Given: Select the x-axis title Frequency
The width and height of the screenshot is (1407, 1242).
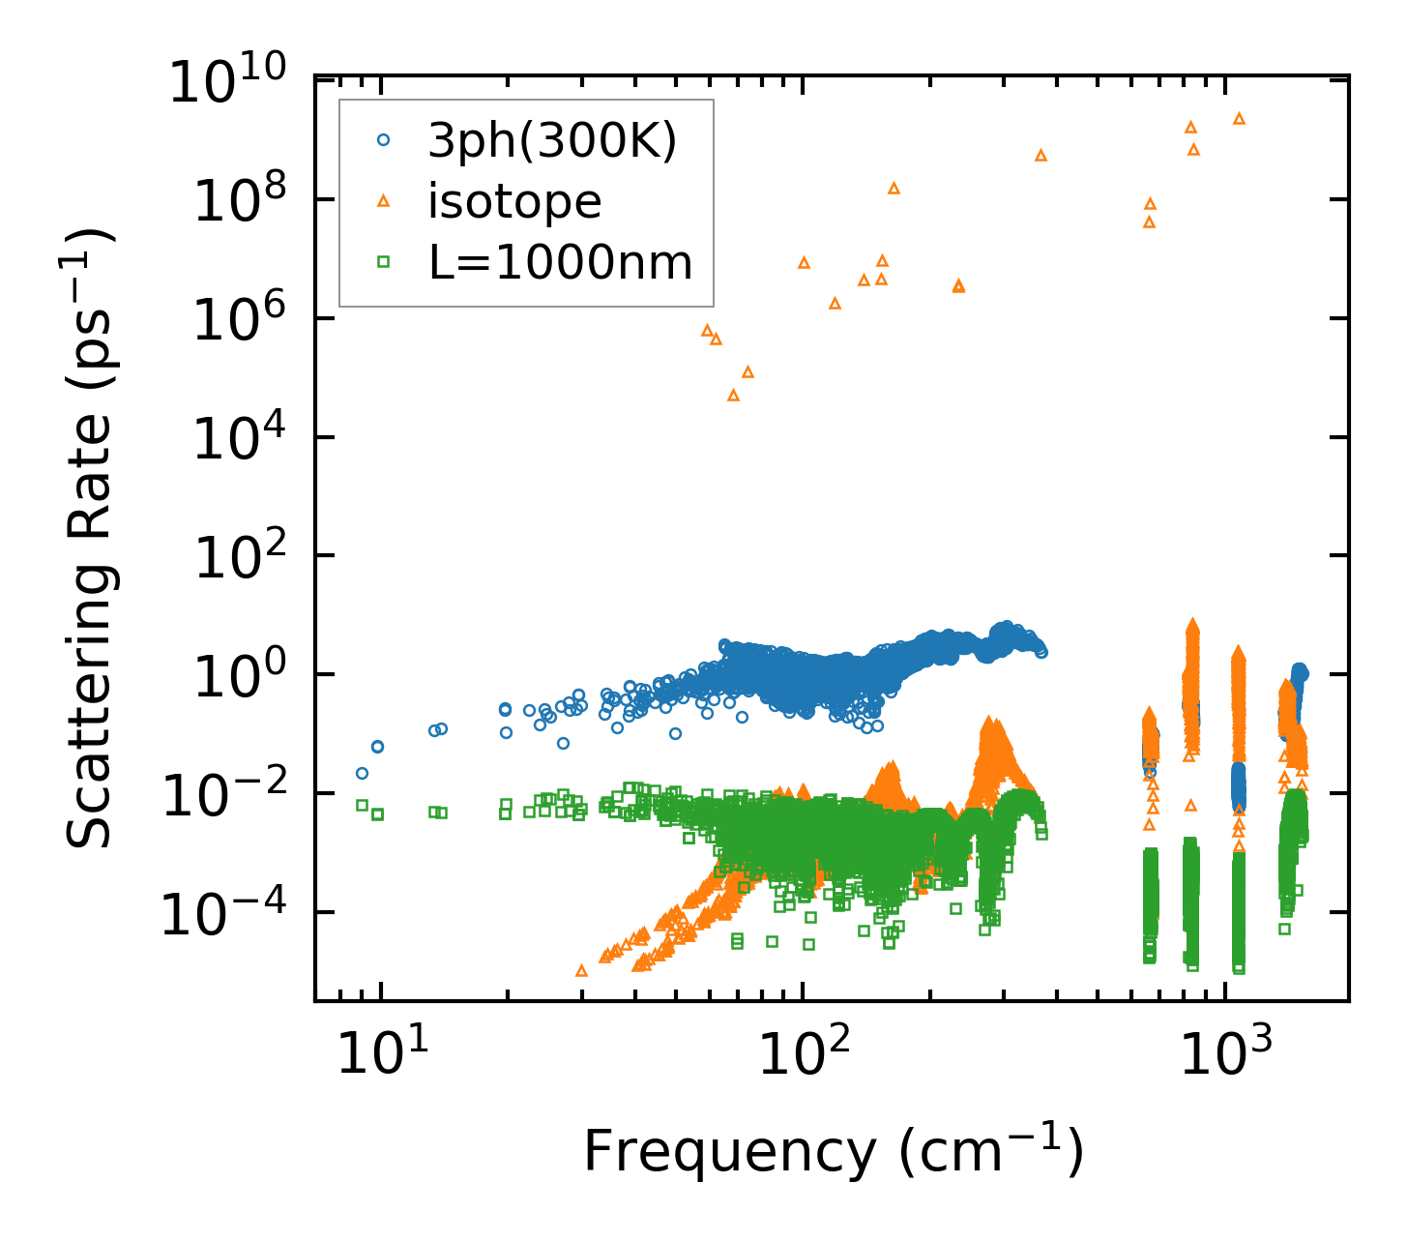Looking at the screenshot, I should click(x=832, y=1151).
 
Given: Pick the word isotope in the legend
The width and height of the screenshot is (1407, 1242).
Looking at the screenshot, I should click(x=515, y=202).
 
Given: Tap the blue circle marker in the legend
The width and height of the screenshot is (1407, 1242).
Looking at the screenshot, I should click(x=383, y=140).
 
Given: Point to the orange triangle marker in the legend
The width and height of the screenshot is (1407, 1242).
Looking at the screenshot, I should click(x=383, y=200).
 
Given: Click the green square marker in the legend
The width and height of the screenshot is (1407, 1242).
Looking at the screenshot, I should click(x=383, y=261).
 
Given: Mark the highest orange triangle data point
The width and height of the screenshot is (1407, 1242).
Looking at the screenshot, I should click(x=1239, y=118).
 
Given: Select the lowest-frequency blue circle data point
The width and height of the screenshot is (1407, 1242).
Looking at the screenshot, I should click(x=362, y=773).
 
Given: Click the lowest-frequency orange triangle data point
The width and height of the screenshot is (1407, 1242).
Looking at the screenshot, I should click(x=581, y=970).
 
